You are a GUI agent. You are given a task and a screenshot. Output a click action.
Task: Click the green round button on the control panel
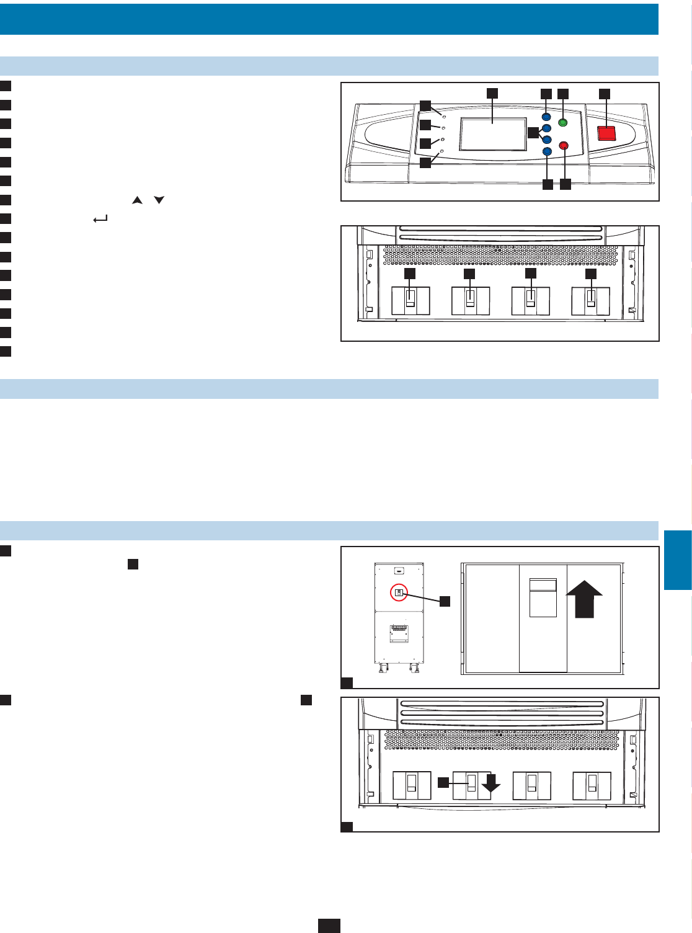coord(563,122)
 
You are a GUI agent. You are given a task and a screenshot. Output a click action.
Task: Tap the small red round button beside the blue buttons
coord(564,146)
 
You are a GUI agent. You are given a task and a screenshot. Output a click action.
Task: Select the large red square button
coord(606,133)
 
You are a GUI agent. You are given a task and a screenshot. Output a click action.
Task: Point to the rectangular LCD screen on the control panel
coord(493,134)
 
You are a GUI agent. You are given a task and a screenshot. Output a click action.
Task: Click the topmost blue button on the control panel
coord(546,117)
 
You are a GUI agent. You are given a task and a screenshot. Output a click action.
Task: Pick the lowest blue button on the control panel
coord(547,151)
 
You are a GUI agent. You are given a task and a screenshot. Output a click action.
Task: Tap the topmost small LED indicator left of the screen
coord(444,115)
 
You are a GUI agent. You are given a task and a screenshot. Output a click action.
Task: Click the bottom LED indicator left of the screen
coord(441,151)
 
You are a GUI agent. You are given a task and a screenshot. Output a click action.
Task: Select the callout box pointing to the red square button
coord(604,94)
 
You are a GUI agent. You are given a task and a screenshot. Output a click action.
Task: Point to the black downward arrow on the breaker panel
coord(490,784)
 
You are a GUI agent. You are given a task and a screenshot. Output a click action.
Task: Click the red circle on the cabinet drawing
coord(399,593)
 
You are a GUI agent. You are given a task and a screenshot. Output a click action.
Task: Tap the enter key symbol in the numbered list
coord(100,219)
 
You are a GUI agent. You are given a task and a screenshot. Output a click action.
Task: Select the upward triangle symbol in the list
coord(137,200)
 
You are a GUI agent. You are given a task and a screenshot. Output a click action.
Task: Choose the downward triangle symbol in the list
coord(159,200)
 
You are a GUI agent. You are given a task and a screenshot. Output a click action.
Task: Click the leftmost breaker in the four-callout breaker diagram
coord(410,301)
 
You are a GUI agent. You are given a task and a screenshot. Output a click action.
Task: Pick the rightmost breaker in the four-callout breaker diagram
coord(590,301)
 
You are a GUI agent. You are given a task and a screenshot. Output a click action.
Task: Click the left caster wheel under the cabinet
coord(383,668)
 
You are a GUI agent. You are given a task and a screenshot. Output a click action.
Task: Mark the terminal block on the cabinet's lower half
coord(399,629)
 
